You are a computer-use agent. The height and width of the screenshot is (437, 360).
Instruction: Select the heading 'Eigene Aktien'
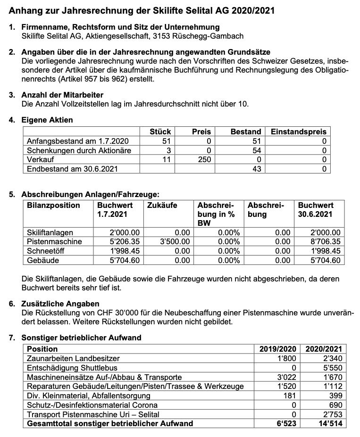pos(47,120)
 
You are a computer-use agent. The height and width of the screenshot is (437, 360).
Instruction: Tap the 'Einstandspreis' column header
pos(298,132)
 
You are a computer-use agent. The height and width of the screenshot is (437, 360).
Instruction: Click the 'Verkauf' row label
pos(41,159)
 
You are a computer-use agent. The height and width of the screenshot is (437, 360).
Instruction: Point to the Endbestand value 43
pos(256,169)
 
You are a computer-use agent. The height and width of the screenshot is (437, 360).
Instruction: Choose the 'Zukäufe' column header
pos(162,206)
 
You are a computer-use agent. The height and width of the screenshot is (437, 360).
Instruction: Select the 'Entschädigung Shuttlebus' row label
pos(72,368)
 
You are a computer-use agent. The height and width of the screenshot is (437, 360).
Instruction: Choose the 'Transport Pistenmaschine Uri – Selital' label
pos(93,414)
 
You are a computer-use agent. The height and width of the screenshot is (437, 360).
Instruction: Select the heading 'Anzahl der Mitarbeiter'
pos(62,95)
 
